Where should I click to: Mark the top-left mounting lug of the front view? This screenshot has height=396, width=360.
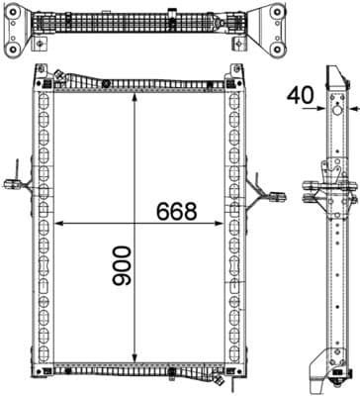41,71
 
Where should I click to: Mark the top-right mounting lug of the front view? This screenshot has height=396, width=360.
237,71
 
